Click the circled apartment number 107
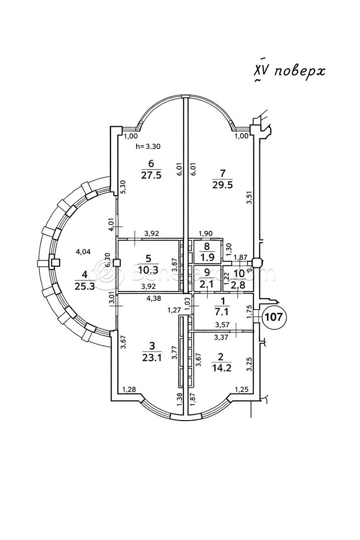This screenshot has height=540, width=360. coord(274,316)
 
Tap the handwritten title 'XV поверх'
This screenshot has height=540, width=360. coord(289,72)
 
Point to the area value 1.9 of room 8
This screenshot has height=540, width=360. coord(206,256)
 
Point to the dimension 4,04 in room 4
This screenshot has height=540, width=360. coord(83,252)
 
